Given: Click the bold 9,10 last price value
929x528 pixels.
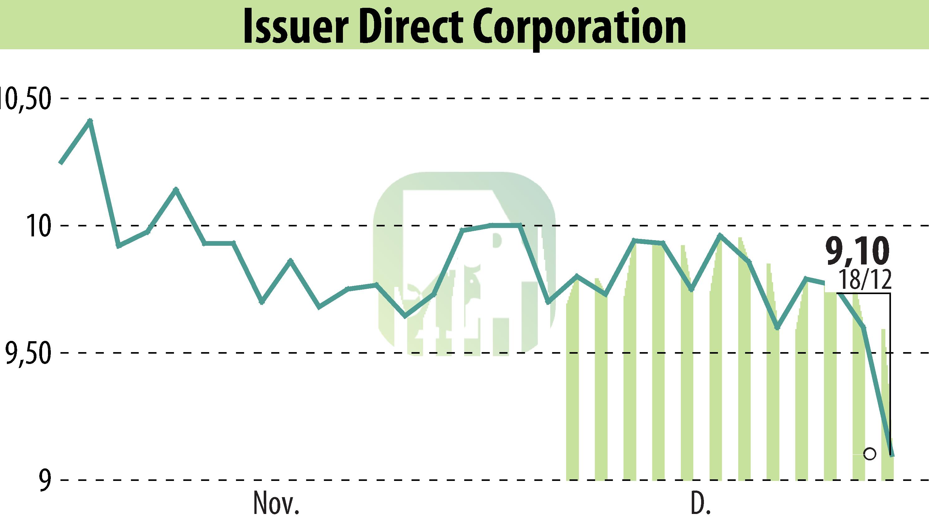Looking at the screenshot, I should point(857,251).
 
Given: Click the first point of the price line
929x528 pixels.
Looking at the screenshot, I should point(61,163).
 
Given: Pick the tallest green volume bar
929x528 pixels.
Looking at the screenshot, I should point(744,359).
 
